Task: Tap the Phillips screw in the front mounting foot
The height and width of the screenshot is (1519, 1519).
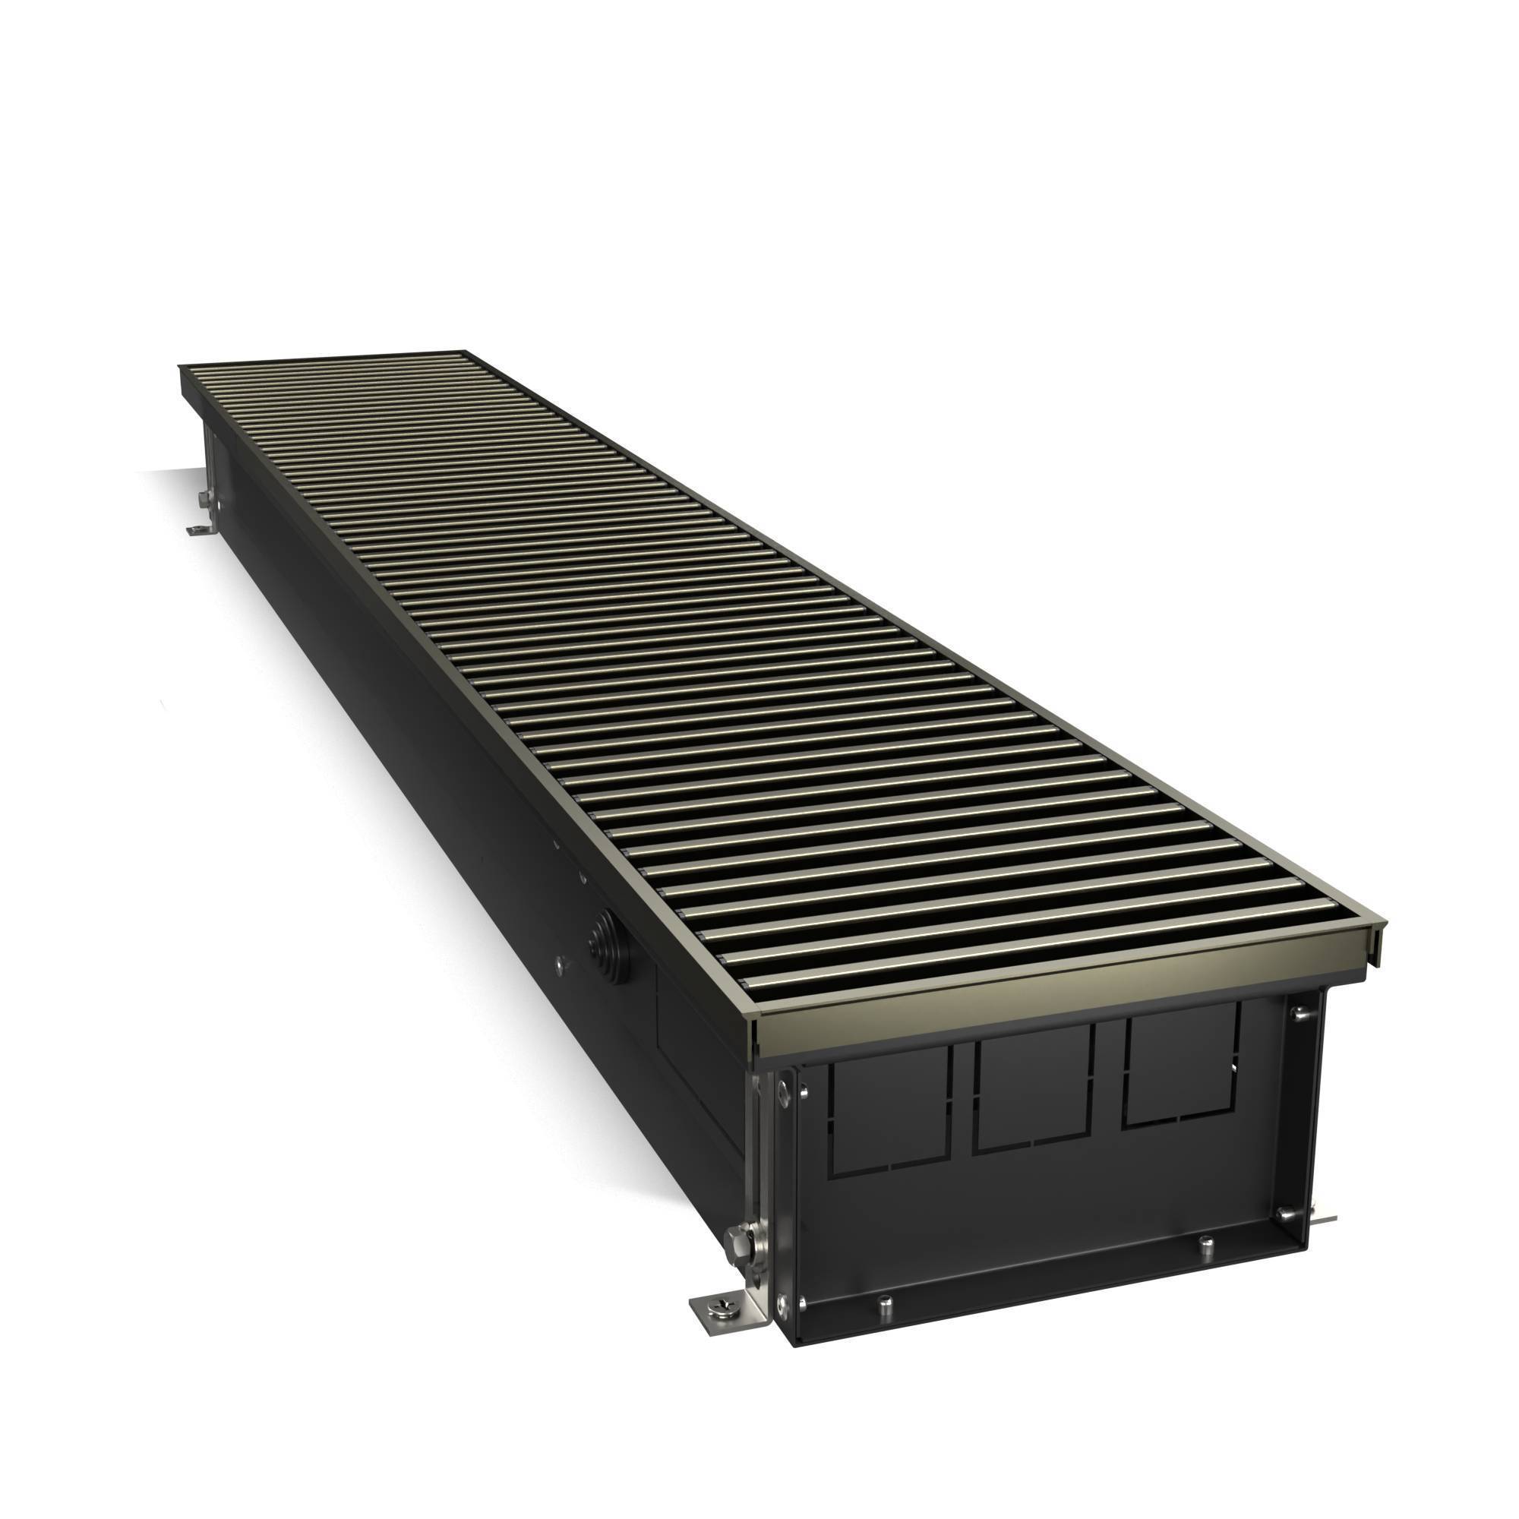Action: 722,1305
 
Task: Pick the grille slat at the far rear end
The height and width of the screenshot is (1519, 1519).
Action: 330,357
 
